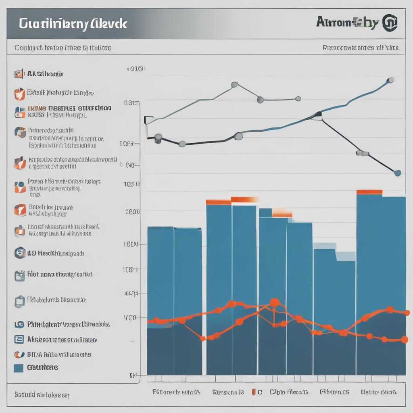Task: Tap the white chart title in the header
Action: [x=73, y=23]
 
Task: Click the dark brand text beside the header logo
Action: [x=347, y=23]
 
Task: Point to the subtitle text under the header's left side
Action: [x=63, y=48]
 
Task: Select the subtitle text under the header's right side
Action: [x=361, y=48]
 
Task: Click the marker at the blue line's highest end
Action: [x=390, y=80]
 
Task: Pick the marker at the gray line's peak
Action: [x=234, y=85]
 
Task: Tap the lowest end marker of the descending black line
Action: [x=398, y=173]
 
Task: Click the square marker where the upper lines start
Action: [x=148, y=120]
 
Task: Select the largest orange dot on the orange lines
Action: [x=274, y=302]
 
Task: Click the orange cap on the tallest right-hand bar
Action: [x=369, y=192]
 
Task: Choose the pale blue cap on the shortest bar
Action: [x=325, y=246]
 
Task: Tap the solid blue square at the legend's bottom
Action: [x=19, y=368]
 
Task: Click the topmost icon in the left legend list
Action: [x=19, y=74]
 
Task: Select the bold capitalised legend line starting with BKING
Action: [x=69, y=108]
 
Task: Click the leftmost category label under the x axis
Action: [x=176, y=392]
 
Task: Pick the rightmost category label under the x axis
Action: [x=378, y=392]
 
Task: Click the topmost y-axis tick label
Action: [x=136, y=69]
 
